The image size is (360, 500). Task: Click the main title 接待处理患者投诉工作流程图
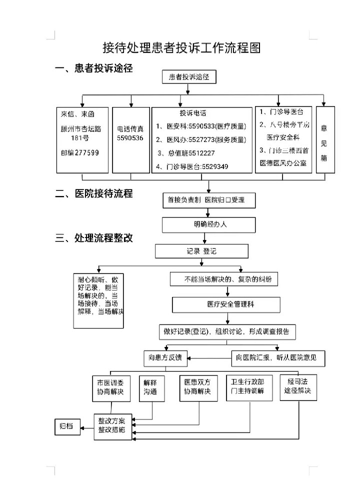pos(181,48)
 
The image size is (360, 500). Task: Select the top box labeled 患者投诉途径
pos(189,76)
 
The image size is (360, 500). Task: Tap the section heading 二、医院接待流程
pos(93,194)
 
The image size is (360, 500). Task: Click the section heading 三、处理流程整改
pos(93,237)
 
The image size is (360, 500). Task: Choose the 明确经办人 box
pos(209,224)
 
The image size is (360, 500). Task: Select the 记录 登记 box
pos(201,250)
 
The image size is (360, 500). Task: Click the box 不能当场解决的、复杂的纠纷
pos(224,278)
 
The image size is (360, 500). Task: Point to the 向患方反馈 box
pos(165,357)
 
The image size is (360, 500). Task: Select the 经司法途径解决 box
pos(299,386)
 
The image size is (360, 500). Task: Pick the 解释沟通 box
pos(150,387)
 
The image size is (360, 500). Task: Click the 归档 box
pos(66,426)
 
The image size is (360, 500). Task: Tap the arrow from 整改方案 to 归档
pos(87,426)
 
